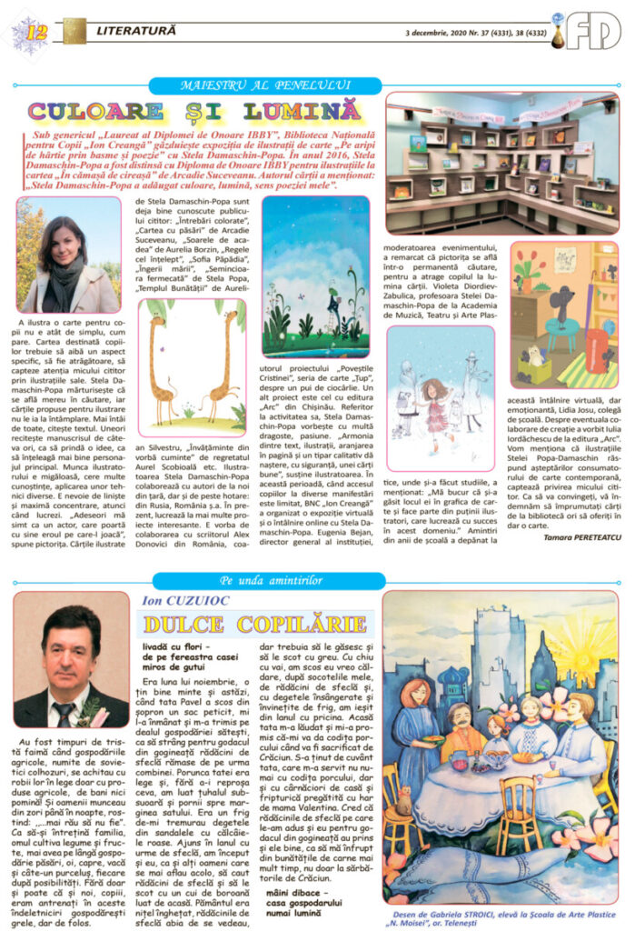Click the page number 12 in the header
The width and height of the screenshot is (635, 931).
point(37,34)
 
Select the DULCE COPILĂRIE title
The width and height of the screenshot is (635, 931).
point(253,625)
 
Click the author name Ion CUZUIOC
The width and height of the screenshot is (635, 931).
point(176,601)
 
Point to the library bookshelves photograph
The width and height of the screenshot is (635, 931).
point(502,162)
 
